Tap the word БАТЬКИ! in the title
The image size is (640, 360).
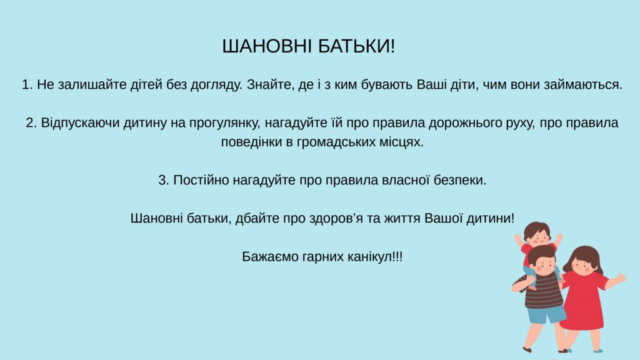pyautogui.click(x=356, y=46)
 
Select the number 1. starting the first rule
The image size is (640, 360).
pyautogui.click(x=27, y=85)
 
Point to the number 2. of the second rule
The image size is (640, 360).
pyautogui.click(x=31, y=123)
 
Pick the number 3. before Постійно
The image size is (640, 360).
pyautogui.click(x=164, y=180)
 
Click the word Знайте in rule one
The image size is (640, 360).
pyautogui.click(x=265, y=85)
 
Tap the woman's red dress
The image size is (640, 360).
pyautogui.click(x=583, y=299)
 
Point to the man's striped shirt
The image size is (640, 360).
pyautogui.click(x=541, y=290)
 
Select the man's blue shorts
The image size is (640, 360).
pyautogui.click(x=545, y=314)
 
